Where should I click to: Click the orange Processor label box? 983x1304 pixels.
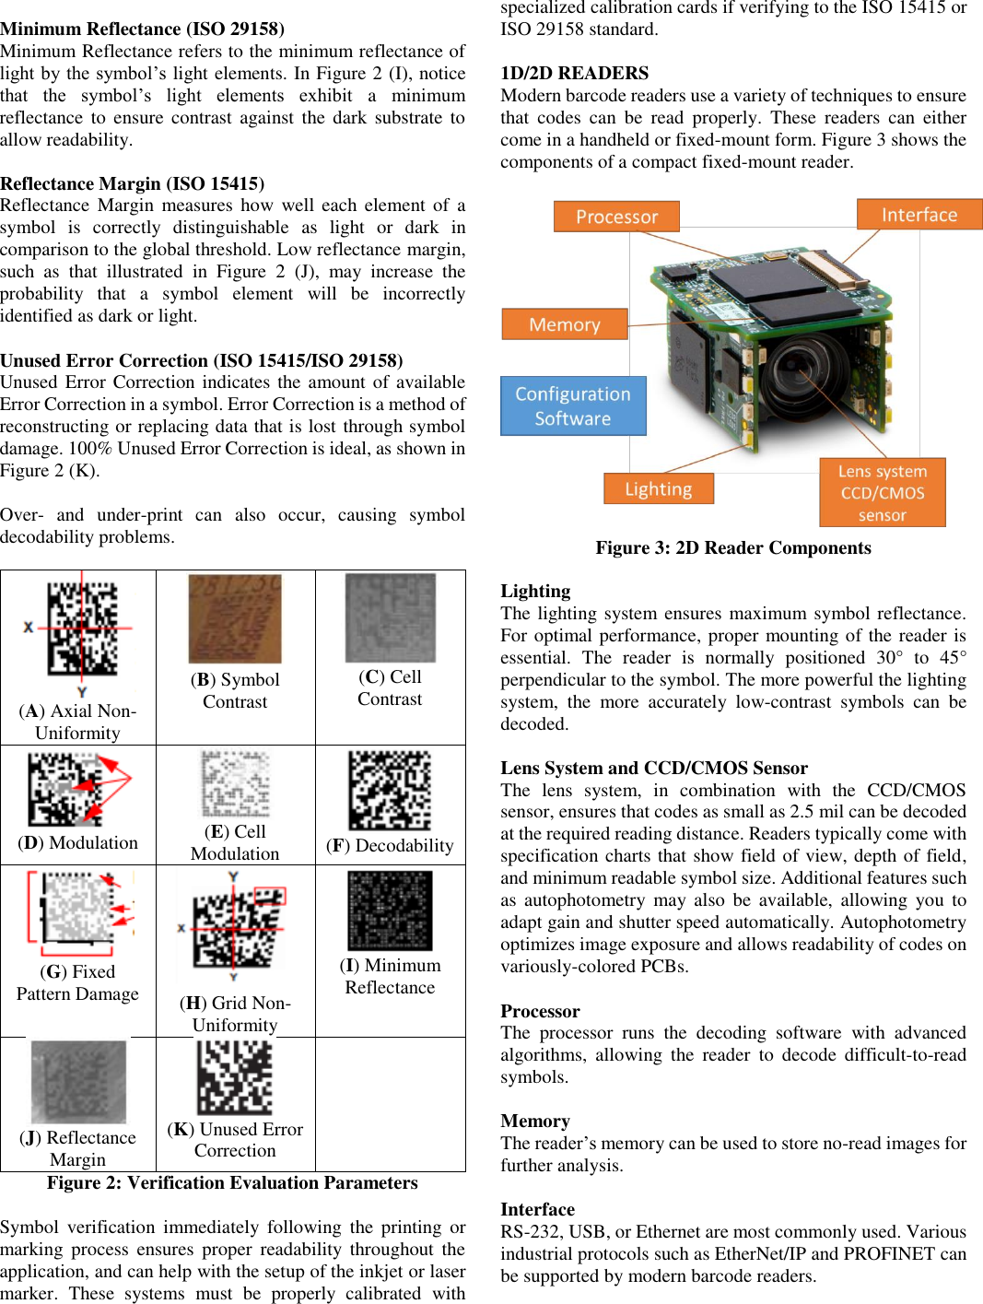(616, 217)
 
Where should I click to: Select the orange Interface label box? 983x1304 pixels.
(919, 215)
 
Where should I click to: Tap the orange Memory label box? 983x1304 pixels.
(564, 324)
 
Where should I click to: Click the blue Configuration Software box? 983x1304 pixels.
(572, 405)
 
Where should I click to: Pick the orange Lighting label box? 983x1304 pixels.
(658, 488)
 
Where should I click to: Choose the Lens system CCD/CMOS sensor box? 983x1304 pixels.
(882, 493)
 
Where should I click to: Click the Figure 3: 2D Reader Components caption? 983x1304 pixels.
(732, 547)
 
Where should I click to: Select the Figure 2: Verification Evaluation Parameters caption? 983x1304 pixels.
(232, 1182)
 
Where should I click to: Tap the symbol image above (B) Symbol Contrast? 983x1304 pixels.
(235, 618)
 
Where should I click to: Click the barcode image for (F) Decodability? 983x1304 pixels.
(390, 791)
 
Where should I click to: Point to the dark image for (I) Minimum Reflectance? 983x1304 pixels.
(390, 910)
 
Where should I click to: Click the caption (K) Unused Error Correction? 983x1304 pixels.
(235, 1140)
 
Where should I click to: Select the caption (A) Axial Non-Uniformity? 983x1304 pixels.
(77, 722)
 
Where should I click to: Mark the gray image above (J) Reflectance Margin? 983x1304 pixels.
(78, 1081)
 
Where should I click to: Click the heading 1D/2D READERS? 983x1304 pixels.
(574, 73)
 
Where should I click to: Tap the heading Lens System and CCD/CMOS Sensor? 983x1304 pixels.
(653, 768)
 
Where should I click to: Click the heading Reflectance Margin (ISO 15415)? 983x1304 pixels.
(132, 183)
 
